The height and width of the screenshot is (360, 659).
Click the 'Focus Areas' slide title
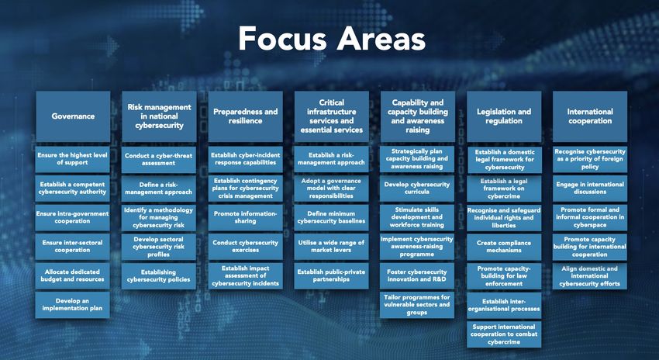tap(332, 39)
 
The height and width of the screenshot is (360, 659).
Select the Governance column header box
tap(73, 116)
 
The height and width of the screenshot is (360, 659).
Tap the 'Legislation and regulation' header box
tap(504, 116)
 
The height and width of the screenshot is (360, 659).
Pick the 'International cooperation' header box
tap(590, 116)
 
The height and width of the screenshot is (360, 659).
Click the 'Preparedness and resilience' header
tap(246, 116)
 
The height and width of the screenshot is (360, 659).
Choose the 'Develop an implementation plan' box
tap(72, 305)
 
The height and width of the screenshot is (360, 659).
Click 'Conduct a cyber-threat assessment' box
tap(158, 159)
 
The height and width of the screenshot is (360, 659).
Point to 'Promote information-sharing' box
tap(246, 217)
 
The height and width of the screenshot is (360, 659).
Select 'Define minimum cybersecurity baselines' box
tap(332, 217)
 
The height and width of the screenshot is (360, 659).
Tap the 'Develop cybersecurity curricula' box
tap(417, 189)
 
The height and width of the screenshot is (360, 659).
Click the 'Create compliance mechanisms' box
tap(504, 247)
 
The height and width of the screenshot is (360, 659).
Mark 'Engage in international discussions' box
tap(590, 189)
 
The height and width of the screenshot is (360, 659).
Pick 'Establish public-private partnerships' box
tap(332, 276)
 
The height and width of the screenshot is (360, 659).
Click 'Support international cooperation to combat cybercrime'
tap(504, 334)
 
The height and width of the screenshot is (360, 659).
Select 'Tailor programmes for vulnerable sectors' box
tap(417, 305)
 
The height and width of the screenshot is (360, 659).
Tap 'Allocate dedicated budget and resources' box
tap(72, 276)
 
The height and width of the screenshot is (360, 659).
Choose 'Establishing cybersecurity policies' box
tap(158, 276)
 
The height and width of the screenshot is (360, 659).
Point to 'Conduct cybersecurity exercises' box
tap(246, 247)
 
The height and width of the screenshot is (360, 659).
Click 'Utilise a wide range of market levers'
tap(332, 247)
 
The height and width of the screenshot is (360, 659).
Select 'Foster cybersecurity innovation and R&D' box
tap(417, 276)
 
